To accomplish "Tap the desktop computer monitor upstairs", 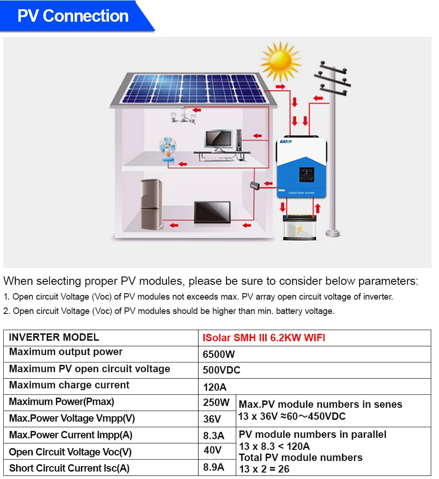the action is tap(219, 139).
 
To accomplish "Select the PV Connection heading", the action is tap(73, 16).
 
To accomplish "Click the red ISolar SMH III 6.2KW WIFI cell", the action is tap(264, 338).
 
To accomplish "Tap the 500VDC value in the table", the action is tap(222, 370).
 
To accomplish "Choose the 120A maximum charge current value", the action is tap(215, 387).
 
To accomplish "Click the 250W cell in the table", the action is tap(216, 402).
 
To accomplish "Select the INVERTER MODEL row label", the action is tap(54, 338).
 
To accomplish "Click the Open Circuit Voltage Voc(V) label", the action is tap(70, 452).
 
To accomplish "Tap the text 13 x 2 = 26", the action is tap(265, 469).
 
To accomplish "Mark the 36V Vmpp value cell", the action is tap(212, 419).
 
